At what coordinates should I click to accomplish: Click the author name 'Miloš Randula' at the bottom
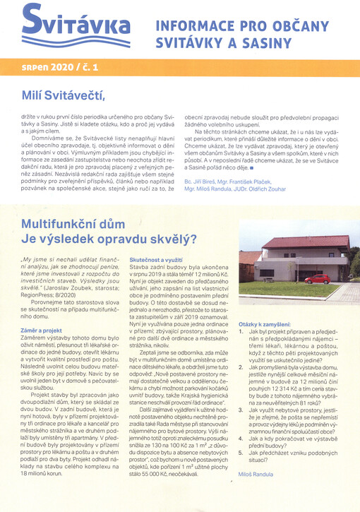pos(258,476)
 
